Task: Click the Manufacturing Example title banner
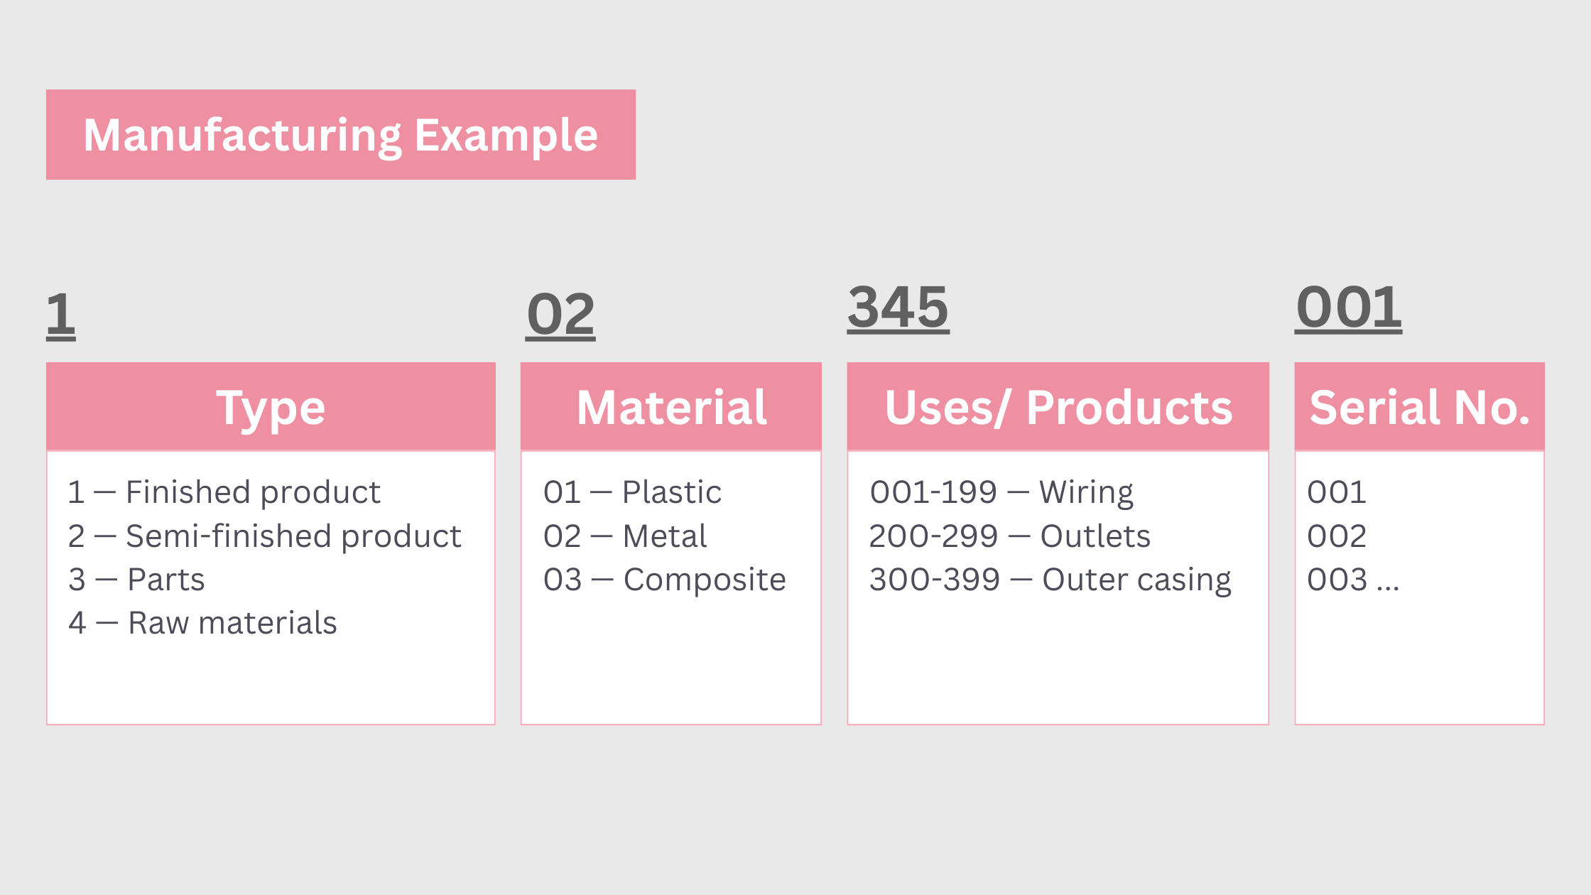click(341, 134)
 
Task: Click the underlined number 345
click(898, 308)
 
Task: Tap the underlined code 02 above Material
click(560, 315)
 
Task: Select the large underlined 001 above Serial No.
click(1349, 308)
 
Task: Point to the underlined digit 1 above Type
click(61, 315)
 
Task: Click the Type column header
click(271, 407)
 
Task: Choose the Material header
click(671, 407)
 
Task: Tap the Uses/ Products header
click(1058, 407)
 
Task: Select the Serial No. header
click(1420, 407)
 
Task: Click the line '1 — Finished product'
click(224, 492)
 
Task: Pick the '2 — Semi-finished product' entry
click(265, 536)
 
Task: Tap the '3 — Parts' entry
click(136, 580)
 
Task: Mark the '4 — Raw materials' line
click(202, 623)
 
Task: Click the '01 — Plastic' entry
click(632, 492)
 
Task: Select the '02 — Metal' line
click(625, 536)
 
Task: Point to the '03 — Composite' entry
click(665, 580)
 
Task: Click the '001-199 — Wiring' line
click(1001, 492)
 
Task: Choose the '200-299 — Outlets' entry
click(1010, 536)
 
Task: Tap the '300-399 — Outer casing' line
click(1050, 580)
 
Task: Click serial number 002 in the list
click(1337, 536)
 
